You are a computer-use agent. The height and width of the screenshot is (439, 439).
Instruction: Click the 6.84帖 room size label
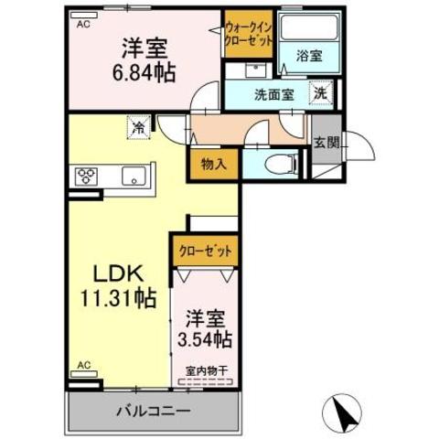145,70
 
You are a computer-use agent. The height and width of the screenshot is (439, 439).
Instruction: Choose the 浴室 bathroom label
308,55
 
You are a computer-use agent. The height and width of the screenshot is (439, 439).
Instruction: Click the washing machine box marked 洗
322,91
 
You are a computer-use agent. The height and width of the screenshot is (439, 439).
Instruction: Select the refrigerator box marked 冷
138,128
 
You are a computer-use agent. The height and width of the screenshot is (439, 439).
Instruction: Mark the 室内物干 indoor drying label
207,371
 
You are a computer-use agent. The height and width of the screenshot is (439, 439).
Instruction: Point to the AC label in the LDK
83,366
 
